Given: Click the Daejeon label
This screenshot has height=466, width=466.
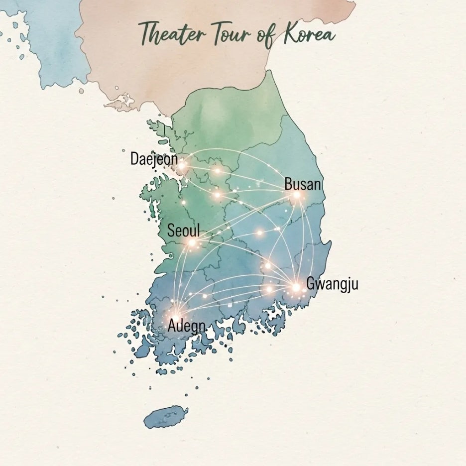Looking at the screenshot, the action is [x=154, y=159].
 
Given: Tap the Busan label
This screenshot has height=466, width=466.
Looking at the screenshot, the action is [x=302, y=184].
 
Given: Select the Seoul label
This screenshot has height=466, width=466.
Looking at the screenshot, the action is [x=183, y=231].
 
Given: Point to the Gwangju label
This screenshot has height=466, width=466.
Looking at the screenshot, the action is [x=332, y=284].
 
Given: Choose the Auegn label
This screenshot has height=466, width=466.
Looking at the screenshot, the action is [x=187, y=326].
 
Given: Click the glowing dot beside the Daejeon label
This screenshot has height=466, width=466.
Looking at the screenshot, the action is [x=182, y=165].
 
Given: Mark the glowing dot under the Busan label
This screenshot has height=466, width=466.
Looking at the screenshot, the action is [x=297, y=195].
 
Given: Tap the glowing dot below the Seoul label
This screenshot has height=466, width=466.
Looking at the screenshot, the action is [x=192, y=243].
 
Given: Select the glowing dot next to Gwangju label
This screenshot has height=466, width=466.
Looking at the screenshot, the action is [x=296, y=287].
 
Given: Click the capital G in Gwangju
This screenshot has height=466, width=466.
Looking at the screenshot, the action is [x=310, y=284].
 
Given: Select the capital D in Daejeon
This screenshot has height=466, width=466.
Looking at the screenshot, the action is [x=134, y=159].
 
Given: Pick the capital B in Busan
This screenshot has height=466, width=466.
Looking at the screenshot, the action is [x=288, y=184].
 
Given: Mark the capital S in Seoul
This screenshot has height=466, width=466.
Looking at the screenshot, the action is [x=171, y=231].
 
